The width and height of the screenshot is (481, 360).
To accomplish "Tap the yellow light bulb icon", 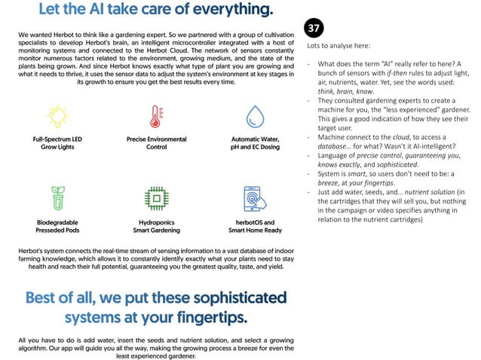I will [x=57, y=117].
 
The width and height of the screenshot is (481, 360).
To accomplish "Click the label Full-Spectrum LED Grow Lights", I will [x=57, y=143].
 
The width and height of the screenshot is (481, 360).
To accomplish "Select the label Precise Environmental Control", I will [x=155, y=143].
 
